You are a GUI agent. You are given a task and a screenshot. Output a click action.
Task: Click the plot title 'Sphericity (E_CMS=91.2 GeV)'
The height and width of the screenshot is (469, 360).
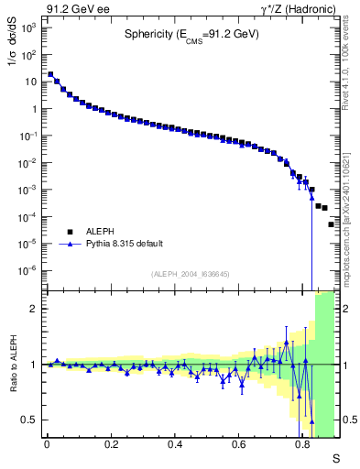tap(191, 35)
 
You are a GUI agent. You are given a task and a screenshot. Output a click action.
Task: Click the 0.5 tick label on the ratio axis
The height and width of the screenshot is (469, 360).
tap(30, 420)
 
